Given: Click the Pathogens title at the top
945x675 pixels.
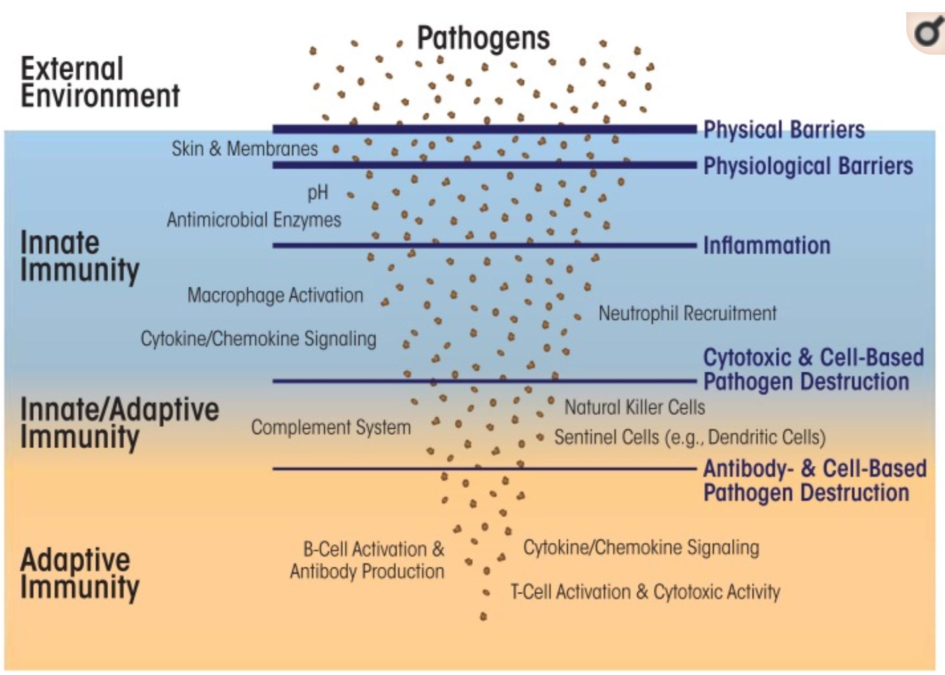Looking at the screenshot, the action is [x=483, y=38].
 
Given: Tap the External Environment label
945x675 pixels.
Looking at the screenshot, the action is [x=100, y=82].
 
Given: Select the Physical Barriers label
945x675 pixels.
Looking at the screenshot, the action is [x=784, y=130].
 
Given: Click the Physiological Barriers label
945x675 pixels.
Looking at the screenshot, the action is [x=808, y=166].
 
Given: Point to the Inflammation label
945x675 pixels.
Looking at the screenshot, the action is [x=767, y=246].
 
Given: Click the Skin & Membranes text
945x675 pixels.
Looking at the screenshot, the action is [x=245, y=149].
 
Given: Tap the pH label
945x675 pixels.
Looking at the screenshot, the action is [x=318, y=193].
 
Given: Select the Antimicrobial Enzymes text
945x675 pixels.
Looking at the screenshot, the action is [x=254, y=220].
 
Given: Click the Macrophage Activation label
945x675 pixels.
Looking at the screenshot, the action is [x=275, y=295].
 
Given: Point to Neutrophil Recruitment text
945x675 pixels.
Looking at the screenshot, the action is [x=688, y=313].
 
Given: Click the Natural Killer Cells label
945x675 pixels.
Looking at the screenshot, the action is [x=635, y=407].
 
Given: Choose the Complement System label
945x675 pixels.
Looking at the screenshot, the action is [x=331, y=428].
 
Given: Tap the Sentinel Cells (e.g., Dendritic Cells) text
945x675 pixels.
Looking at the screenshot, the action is [x=690, y=437].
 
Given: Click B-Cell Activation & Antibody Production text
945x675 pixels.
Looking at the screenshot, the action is [x=367, y=560].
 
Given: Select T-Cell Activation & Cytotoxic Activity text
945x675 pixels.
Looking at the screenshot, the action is [x=645, y=592].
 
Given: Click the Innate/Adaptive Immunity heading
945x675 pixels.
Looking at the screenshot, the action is [x=119, y=423].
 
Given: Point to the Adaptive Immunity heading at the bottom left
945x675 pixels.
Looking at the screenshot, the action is [x=80, y=574].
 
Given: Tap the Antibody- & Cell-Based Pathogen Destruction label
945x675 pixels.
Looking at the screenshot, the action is [x=815, y=481].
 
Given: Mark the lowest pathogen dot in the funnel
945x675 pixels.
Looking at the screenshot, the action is [x=483, y=617].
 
